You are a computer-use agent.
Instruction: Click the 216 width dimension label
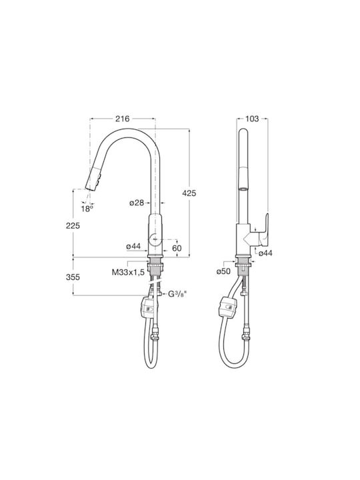pos(123,119)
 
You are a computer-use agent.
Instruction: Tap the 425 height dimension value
pos(189,193)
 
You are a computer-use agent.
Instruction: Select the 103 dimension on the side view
pos(252,119)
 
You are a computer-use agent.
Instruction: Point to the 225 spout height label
pos(73,225)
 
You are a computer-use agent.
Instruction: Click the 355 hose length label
pos(73,277)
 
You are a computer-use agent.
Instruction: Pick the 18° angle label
pos(87,209)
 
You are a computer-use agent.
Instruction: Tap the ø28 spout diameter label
pos(137,203)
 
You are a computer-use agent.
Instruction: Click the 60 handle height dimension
pos(177,248)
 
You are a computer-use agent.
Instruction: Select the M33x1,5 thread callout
pos(128,272)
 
